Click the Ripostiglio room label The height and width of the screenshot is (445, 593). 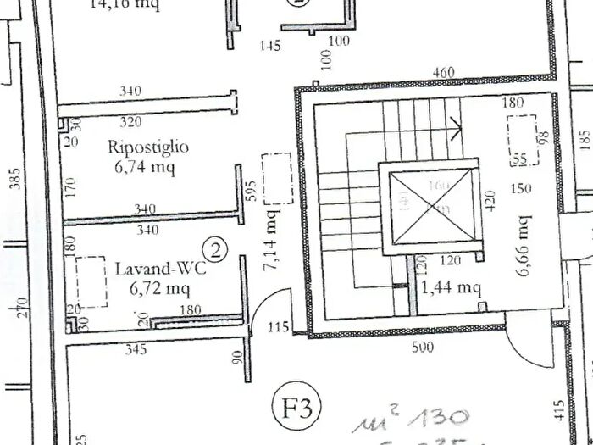[148, 147]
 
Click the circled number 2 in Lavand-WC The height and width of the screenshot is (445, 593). [218, 249]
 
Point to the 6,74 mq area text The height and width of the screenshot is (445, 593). [144, 167]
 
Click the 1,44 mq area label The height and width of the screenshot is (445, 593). [452, 287]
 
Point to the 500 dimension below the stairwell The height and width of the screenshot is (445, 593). [421, 347]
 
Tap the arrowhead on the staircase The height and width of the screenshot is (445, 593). [457, 130]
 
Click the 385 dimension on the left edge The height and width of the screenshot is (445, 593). [14, 176]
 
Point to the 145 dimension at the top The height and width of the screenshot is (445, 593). [270, 46]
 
